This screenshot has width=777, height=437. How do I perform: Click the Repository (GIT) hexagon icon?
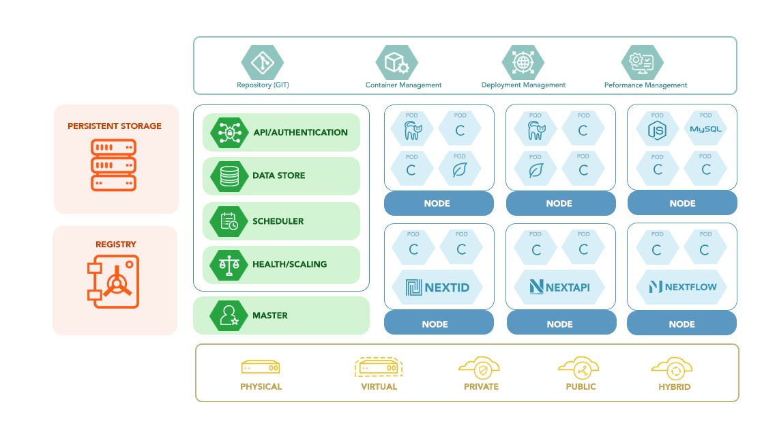pos(262,63)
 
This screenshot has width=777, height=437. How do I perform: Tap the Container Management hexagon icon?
pos(396,63)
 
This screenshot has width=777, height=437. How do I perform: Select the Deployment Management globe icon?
pos(523,63)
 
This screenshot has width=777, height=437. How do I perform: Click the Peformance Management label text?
pos(645,85)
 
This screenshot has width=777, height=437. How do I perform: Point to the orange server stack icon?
pos(114,165)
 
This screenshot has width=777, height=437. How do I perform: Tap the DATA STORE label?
pos(278,175)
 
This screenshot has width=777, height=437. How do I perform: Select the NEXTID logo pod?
pos(437,287)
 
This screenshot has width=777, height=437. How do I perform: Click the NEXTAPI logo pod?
pos(559,287)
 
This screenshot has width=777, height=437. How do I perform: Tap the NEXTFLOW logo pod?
pos(681,287)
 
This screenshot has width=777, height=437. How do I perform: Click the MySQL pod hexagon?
pos(705,129)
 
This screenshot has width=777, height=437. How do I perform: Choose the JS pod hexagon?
pos(657,129)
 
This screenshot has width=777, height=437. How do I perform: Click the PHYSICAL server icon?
pos(261,368)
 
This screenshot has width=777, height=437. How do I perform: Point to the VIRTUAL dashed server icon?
pos(379,368)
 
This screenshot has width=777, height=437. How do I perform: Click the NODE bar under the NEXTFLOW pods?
pos(681,324)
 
